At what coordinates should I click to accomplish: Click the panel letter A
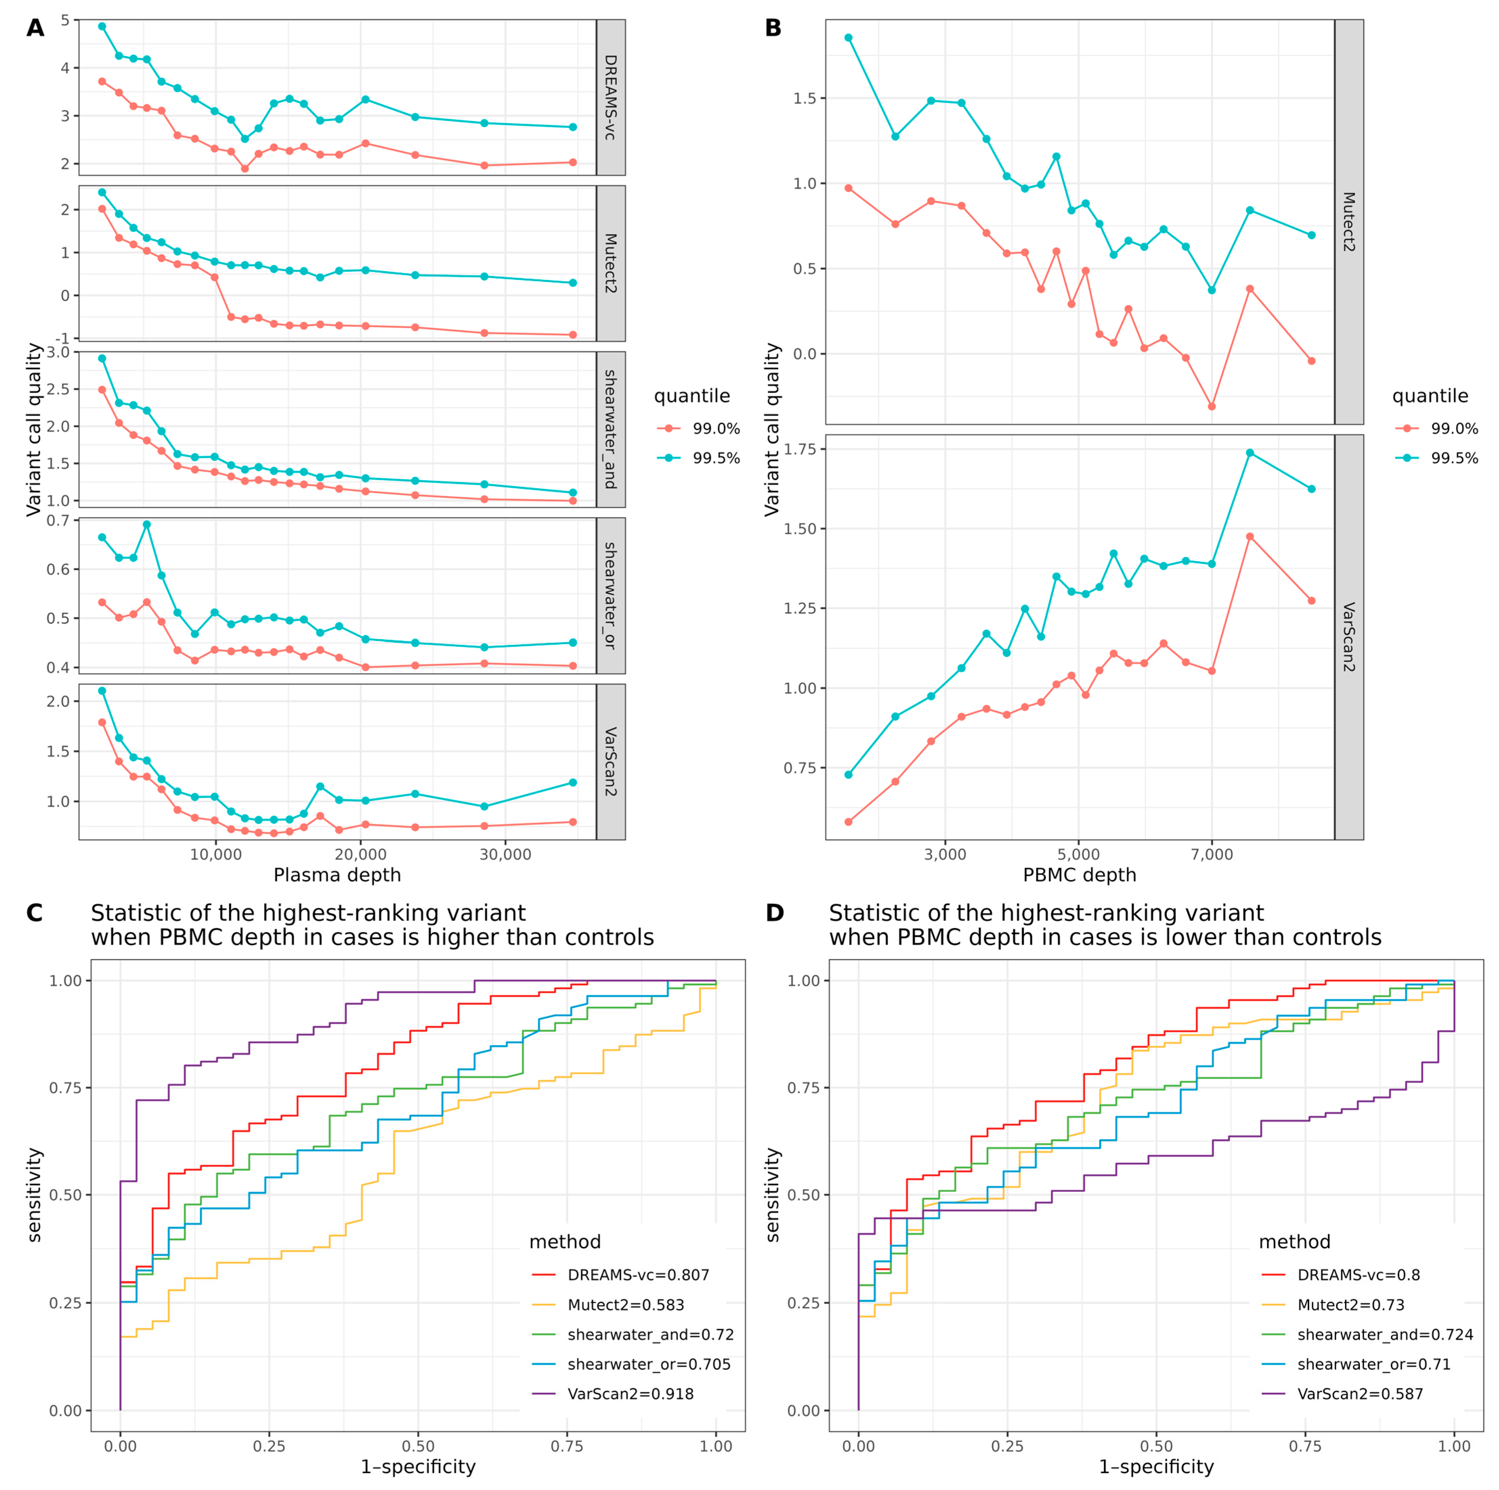point(35,29)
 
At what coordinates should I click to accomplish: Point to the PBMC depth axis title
point(1079,875)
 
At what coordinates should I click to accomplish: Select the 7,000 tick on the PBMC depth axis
point(1212,855)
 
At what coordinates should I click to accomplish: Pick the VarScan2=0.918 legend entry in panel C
point(630,1394)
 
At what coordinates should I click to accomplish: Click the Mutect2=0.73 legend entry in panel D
point(1351,1306)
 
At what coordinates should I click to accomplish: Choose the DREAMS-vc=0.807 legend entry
point(638,1275)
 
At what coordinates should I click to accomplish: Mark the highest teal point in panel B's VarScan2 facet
point(1249,453)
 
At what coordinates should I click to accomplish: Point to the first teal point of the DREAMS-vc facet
point(102,26)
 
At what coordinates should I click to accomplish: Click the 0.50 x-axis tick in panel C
point(417,1447)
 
